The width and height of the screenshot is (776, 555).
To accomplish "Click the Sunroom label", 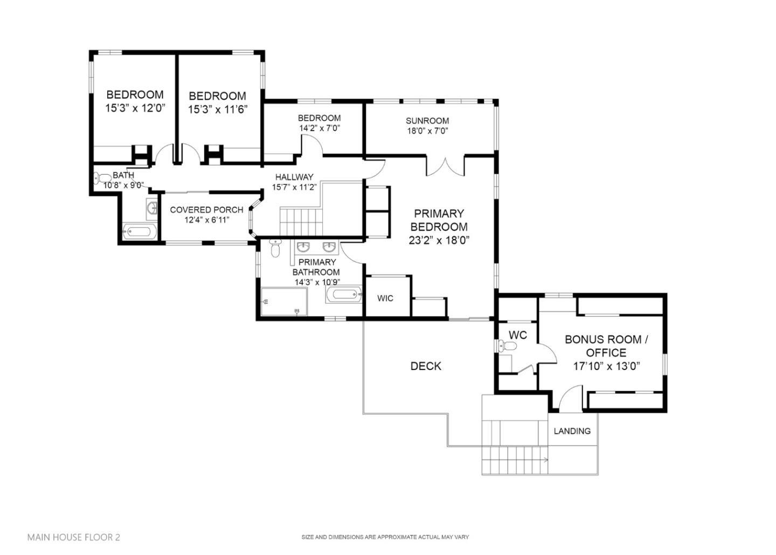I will (427, 121).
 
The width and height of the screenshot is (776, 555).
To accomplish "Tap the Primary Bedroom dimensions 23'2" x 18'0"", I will (439, 241).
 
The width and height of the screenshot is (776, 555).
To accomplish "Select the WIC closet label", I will (385, 298).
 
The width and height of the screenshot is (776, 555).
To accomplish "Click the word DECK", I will (426, 366).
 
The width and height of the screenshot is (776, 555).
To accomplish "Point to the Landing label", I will (572, 431).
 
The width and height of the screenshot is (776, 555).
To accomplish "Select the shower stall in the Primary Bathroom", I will (284, 302).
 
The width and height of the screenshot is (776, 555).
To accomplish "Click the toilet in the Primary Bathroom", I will (275, 249).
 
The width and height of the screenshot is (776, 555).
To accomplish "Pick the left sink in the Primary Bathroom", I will (304, 248).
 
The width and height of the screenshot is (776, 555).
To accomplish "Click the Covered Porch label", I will (206, 210).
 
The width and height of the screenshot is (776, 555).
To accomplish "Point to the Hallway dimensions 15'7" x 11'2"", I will (294, 187).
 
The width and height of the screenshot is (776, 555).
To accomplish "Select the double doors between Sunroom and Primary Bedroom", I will (445, 166).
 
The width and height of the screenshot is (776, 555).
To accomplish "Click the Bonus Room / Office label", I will (606, 346).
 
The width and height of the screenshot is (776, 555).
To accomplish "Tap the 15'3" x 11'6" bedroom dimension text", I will (217, 109).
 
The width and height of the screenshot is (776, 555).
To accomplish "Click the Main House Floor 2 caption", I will (74, 537).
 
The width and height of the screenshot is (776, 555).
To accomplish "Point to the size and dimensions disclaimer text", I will (385, 537).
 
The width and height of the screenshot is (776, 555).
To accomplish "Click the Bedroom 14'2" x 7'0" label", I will (319, 118).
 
